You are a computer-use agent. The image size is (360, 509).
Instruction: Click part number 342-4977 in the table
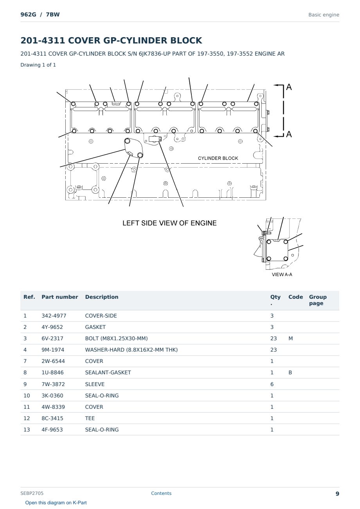[54, 316]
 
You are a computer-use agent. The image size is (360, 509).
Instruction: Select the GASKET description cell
[95, 327]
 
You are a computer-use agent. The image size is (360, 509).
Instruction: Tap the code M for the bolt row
[290, 338]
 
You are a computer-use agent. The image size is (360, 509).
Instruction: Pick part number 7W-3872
[53, 384]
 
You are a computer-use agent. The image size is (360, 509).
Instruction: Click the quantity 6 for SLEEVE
[272, 384]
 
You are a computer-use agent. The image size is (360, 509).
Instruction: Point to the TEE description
[90, 418]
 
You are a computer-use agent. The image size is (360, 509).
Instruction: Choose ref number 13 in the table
[27, 430]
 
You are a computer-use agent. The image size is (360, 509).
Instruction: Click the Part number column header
[60, 297]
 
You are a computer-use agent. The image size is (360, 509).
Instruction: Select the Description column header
[101, 297]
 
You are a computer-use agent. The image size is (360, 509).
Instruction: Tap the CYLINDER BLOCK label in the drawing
[218, 158]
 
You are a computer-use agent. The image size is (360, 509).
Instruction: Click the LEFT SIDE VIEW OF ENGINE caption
[169, 223]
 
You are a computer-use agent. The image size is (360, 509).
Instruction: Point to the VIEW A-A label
[282, 274]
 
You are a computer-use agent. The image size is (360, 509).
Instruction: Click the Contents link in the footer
[161, 493]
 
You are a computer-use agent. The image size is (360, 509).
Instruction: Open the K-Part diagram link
[56, 502]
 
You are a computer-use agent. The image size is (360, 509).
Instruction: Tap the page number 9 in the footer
[337, 494]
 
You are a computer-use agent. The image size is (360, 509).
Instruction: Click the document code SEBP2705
[32, 493]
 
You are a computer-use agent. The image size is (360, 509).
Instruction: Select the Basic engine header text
[324, 15]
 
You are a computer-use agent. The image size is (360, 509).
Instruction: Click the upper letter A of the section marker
[289, 87]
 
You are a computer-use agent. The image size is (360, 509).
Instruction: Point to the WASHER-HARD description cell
[131, 350]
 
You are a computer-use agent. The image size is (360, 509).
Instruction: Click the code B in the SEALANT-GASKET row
[290, 372]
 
